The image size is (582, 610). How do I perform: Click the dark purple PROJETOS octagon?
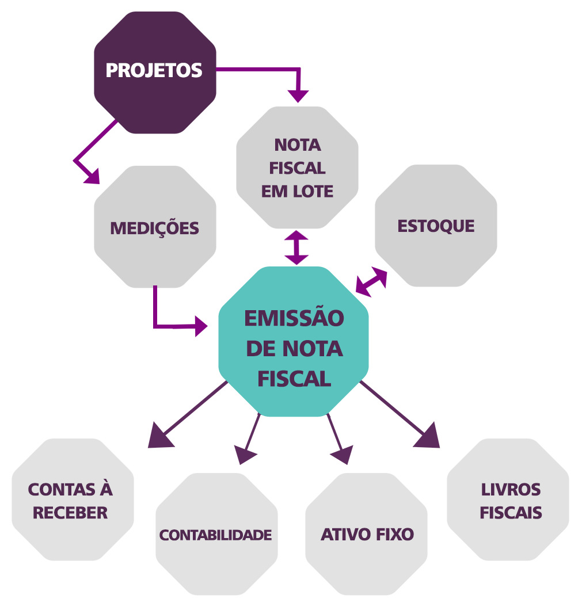tap(155, 73)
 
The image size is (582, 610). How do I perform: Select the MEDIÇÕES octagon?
tap(155, 227)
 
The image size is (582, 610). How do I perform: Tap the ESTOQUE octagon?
tap(436, 226)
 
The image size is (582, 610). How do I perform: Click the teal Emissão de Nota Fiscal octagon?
tap(294, 341)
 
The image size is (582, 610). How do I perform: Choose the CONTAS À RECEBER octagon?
tap(73, 500)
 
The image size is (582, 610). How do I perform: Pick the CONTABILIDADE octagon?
tap(216, 534)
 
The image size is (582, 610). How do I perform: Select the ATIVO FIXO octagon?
tap(367, 534)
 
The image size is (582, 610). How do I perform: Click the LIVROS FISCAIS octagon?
tap(508, 500)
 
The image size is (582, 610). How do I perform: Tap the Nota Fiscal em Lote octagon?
tap(297, 167)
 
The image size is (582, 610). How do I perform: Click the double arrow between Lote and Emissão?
tap(296, 248)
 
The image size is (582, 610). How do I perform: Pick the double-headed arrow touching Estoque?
tap(371, 282)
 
